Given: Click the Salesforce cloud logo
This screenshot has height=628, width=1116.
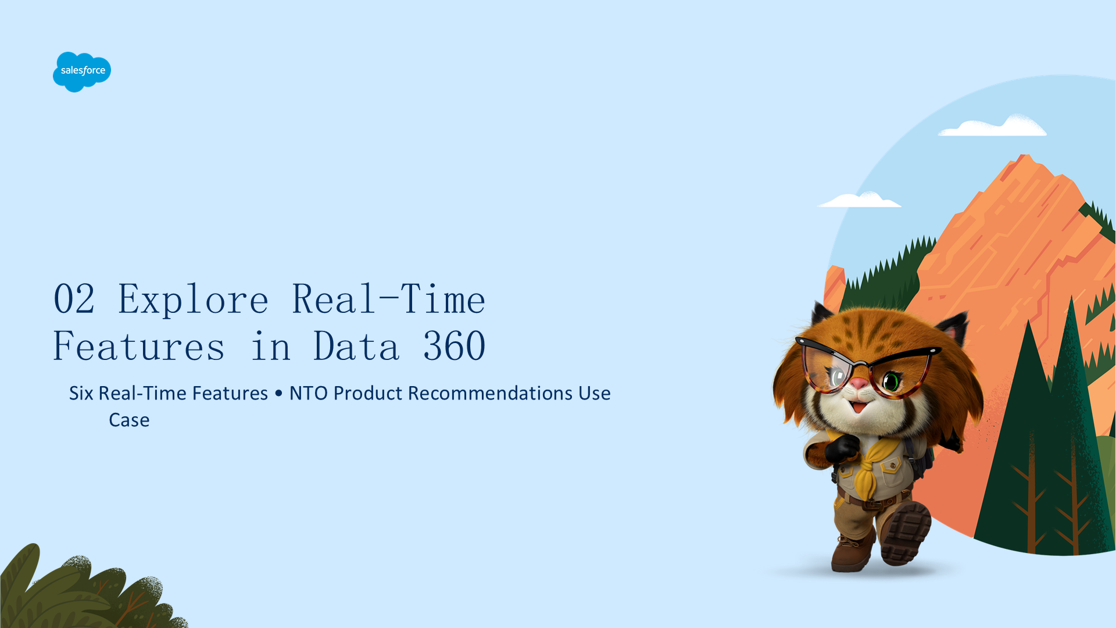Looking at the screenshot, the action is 82,72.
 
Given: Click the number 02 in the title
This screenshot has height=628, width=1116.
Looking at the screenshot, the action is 74,299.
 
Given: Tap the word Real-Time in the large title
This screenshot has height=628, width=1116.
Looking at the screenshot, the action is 388,299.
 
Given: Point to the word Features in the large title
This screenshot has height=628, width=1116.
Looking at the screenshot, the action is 139,346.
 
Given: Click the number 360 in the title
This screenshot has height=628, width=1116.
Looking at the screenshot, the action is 454,346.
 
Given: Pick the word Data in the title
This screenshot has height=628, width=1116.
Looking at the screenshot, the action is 356,346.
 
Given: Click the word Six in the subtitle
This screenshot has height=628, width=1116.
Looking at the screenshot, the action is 81,394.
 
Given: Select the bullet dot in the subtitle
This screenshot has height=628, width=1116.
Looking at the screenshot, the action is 278,394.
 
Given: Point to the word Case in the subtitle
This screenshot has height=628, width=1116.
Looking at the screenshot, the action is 129,420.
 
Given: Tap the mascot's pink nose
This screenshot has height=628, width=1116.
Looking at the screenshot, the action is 859,383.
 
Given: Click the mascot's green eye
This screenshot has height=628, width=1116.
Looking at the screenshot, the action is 891,381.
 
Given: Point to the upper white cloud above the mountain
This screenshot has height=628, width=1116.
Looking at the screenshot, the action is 993,126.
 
